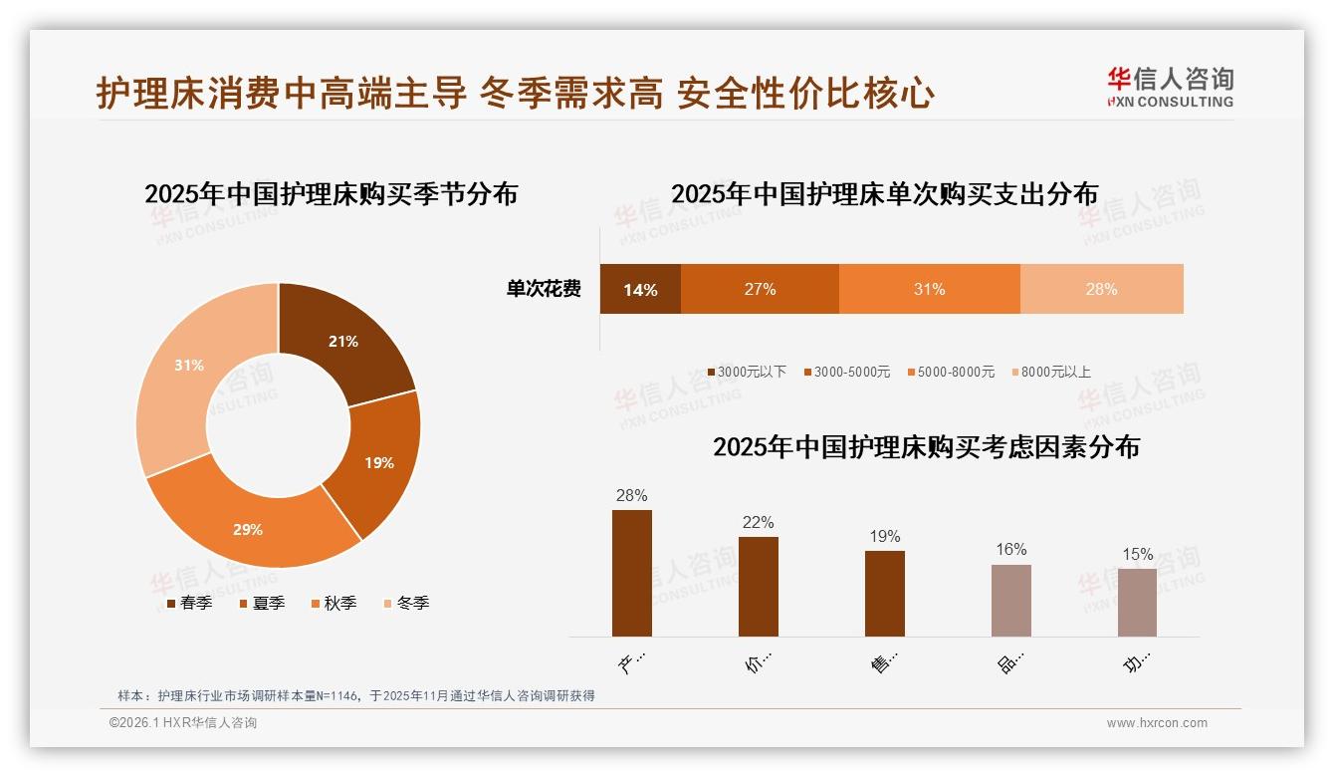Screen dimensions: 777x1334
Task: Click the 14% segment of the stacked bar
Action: point(640,290)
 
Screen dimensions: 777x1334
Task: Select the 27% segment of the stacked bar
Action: point(760,290)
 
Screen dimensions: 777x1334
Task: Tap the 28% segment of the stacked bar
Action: point(1101,290)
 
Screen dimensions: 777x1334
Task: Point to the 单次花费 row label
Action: point(544,290)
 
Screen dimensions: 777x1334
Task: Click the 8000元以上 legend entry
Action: point(1051,372)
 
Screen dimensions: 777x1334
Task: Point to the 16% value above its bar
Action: point(1010,550)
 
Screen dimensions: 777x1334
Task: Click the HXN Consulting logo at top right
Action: point(1170,87)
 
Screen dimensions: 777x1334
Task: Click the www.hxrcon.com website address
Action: point(1157,723)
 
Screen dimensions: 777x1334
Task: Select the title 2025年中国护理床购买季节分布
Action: point(331,193)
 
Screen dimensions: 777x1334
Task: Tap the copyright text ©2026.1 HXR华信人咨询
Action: point(183,723)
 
